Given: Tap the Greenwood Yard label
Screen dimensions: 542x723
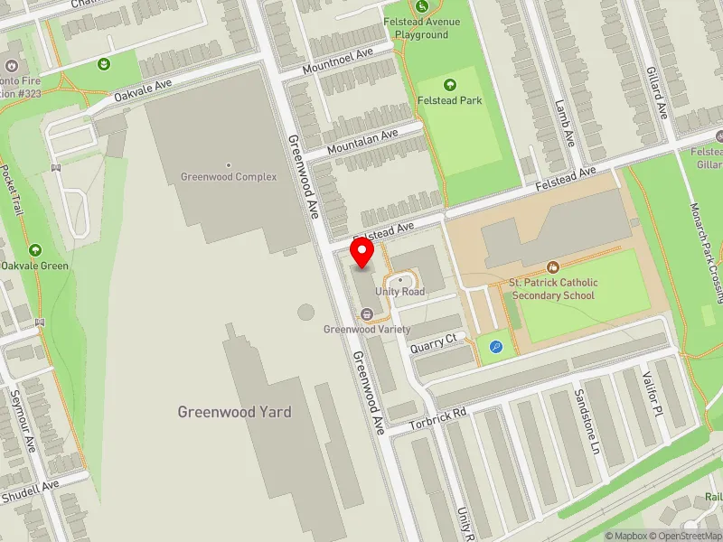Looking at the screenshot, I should tap(234, 412).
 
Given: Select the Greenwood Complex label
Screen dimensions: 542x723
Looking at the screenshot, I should tap(229, 177).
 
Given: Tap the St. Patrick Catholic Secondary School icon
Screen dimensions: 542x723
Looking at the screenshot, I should tap(552, 266).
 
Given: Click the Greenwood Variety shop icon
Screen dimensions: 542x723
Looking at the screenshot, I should tap(367, 313).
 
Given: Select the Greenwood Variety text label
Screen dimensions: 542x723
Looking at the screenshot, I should tap(367, 330).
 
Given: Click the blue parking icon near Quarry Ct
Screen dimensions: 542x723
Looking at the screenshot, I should tap(495, 346).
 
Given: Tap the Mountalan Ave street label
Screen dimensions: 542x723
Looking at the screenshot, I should tap(362, 142).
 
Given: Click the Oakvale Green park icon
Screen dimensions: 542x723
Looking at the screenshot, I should tap(35, 249).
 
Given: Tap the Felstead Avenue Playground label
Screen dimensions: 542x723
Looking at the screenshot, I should tap(427, 28).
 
